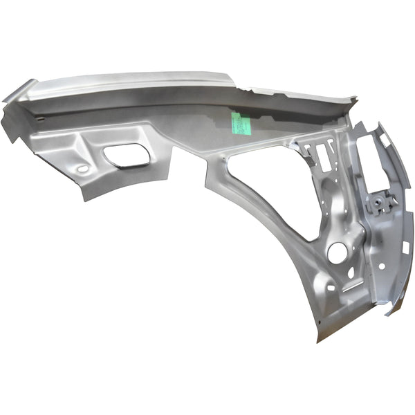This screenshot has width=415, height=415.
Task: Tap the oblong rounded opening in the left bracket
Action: (x=127, y=156)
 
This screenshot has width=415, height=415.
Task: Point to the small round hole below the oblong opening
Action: (x=84, y=169)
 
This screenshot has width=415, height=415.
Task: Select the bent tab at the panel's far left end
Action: (x=10, y=118)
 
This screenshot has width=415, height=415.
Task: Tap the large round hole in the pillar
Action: (x=337, y=252)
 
